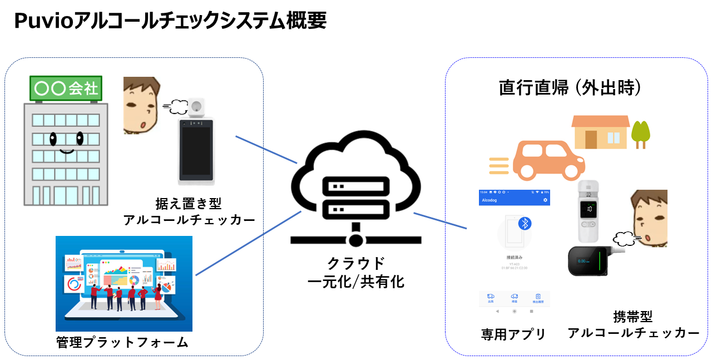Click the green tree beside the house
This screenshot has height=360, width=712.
point(640,132)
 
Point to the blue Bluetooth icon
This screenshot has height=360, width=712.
point(525,223)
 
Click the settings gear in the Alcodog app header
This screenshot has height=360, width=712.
point(545,200)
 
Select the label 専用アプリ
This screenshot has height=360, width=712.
point(513,334)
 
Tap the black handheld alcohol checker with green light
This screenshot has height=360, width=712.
point(589,260)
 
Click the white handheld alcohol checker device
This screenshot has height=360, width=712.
point(590,214)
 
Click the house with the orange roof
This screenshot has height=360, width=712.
point(600,132)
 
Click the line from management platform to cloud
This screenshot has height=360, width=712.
point(248,243)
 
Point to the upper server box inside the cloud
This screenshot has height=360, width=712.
point(355,186)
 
